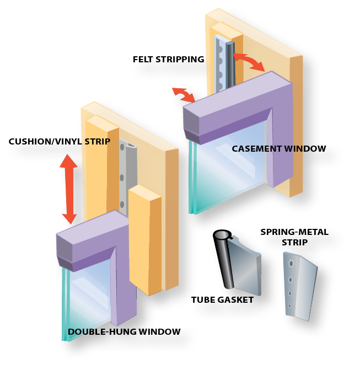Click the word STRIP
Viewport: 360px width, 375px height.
click(x=97, y=142)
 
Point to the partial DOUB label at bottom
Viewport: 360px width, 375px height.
click(x=79, y=331)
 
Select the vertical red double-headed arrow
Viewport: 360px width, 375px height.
click(x=68, y=188)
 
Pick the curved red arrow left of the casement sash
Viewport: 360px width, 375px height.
click(x=184, y=94)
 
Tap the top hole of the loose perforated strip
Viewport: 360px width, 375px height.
click(x=291, y=264)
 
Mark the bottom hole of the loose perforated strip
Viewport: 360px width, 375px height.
click(x=289, y=306)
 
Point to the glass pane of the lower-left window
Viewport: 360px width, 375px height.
click(x=88, y=298)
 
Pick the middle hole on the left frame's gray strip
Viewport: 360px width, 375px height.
click(x=122, y=178)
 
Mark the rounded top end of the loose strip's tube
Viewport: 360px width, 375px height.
click(x=221, y=235)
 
